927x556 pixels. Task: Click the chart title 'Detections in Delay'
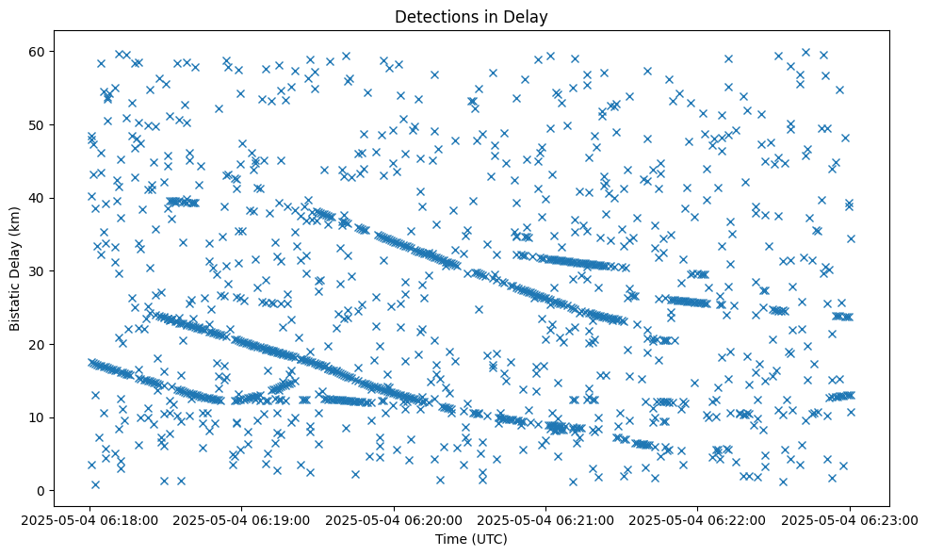click(471, 17)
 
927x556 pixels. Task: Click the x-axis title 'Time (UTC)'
click(471, 539)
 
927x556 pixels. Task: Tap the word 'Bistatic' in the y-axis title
click(16, 300)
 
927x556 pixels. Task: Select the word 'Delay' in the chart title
click(529, 17)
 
